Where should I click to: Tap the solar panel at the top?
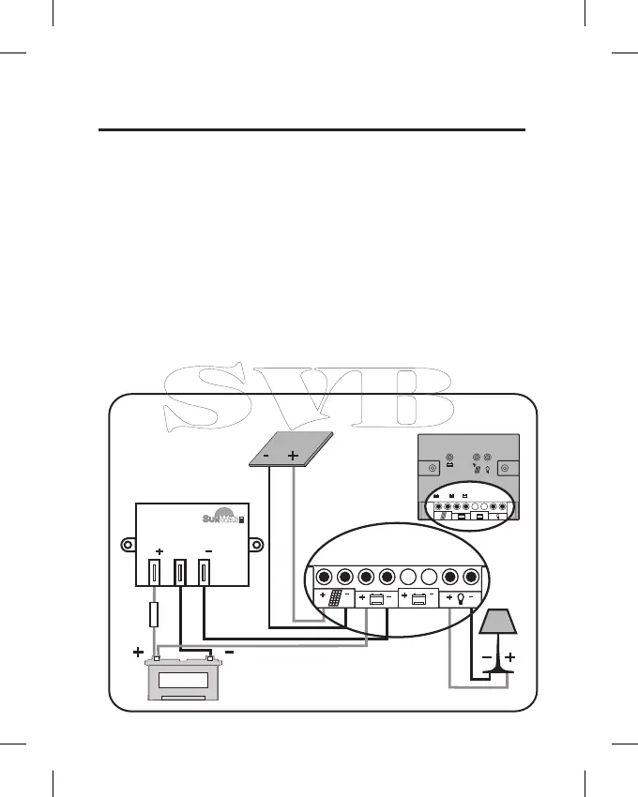click(295, 451)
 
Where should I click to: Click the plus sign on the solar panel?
click(293, 456)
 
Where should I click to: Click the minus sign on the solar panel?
click(267, 456)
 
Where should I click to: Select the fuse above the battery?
click(155, 616)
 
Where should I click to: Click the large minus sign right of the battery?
click(229, 653)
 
